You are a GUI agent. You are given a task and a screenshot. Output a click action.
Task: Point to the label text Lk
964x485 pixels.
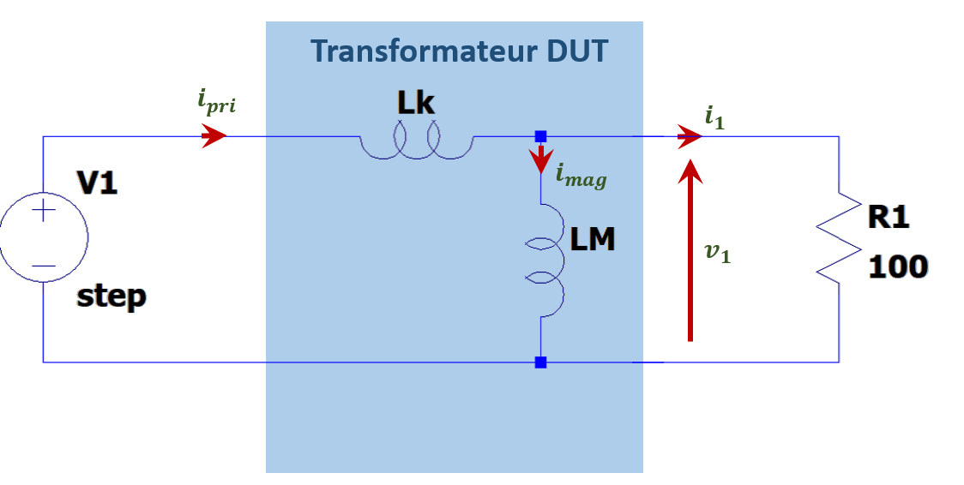point(415,104)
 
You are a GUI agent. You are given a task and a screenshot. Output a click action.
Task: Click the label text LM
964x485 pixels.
point(593,239)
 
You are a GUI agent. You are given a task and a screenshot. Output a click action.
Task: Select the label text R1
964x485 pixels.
point(889,218)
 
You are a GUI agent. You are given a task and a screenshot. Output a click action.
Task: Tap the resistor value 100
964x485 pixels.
point(898,266)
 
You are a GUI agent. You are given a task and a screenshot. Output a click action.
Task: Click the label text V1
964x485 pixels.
point(97,183)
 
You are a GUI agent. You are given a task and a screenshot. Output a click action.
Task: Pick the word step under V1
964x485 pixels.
point(111,296)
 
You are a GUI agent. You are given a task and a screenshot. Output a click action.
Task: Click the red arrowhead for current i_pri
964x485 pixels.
point(214,135)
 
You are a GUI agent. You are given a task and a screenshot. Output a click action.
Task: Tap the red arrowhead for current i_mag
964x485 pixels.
point(540,160)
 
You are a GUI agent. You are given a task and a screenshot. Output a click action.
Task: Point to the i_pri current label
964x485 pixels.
point(215,102)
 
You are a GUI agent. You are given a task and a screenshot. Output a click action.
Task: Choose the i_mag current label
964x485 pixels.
point(581,177)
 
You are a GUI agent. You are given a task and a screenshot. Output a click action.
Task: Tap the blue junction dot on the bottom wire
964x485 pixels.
point(540,362)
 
